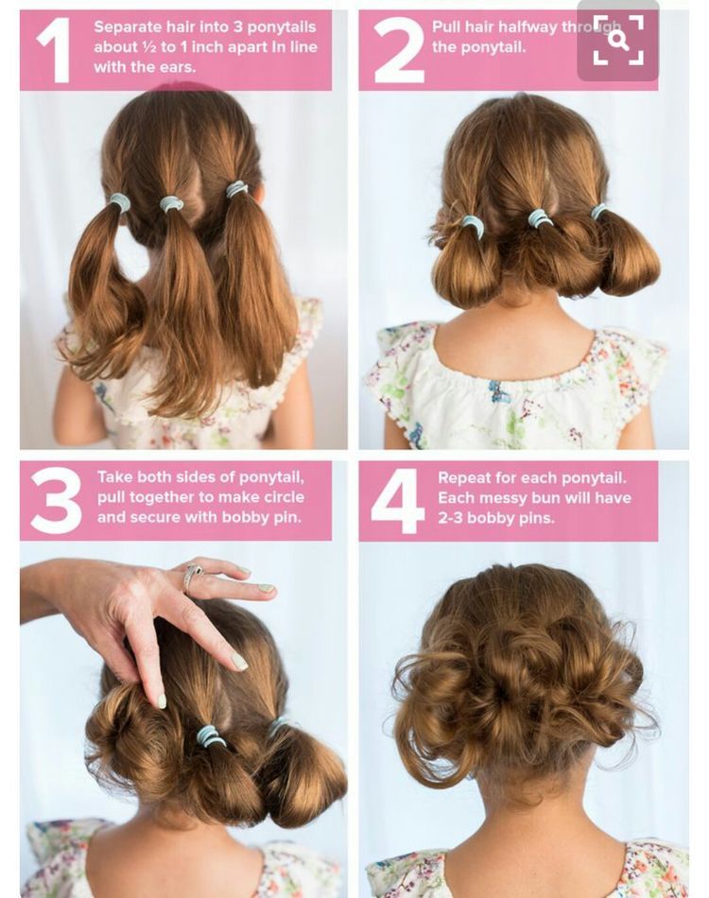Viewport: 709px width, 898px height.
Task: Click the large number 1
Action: tap(54, 49)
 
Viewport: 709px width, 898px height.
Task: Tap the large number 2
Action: tap(398, 49)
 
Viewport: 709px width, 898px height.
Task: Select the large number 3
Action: tap(55, 500)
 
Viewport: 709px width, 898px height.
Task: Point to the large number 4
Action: tap(397, 500)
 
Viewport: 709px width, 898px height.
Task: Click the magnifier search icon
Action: tap(618, 41)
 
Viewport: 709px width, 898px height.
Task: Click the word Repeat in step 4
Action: tap(465, 478)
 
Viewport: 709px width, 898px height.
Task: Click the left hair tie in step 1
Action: tap(120, 202)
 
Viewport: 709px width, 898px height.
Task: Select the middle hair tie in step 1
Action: tap(171, 203)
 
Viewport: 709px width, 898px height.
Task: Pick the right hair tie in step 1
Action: tap(236, 189)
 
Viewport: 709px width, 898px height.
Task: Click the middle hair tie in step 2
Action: tap(540, 218)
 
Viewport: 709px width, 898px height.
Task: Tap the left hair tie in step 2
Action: tap(473, 226)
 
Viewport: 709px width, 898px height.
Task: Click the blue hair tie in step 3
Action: tap(210, 735)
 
